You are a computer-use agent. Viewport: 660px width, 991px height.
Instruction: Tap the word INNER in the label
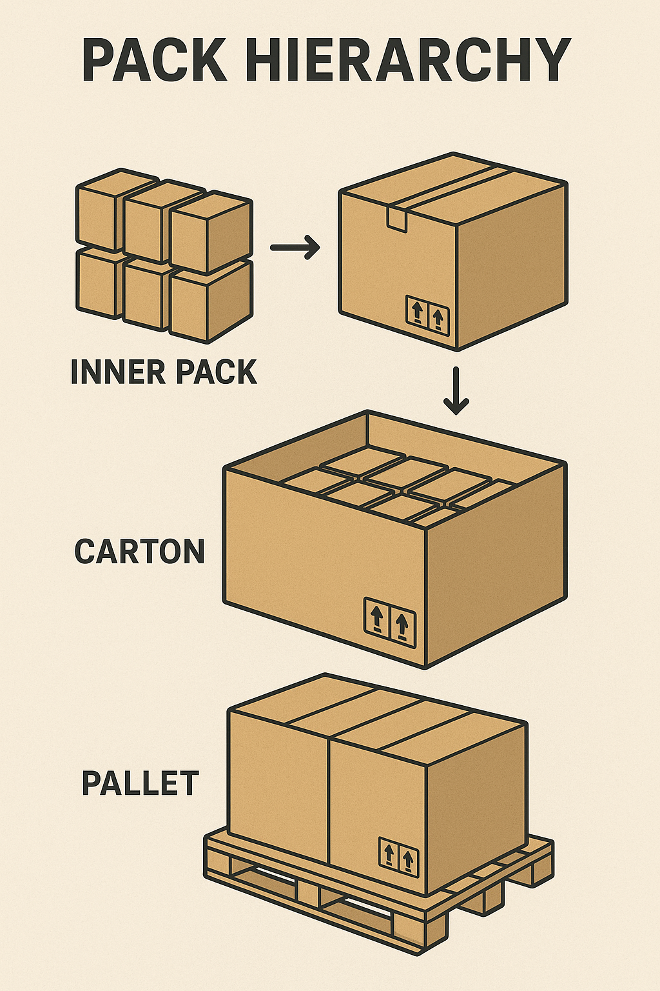(117, 372)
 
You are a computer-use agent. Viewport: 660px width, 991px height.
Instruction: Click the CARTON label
(139, 552)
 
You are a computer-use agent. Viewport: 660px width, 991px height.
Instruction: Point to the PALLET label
(140, 783)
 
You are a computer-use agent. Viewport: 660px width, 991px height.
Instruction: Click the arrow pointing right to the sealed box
(295, 247)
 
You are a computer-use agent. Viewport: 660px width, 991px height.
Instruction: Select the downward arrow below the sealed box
(456, 390)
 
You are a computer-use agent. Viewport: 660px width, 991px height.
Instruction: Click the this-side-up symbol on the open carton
(389, 622)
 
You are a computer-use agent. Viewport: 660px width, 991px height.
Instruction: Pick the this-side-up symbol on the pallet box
(398, 856)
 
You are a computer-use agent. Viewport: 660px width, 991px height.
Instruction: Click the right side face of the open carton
(496, 568)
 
